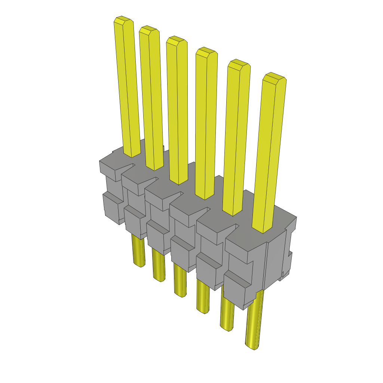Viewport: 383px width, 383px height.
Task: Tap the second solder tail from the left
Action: [159, 266]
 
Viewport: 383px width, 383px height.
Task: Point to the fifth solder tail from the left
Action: [227, 312]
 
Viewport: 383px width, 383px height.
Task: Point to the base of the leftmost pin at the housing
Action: [132, 151]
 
